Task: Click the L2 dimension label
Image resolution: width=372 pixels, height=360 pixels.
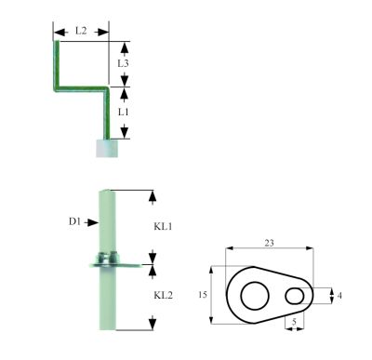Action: pos(81,31)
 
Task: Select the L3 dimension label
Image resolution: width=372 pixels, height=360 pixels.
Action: pos(123,63)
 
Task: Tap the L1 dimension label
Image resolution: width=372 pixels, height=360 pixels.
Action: pos(123,112)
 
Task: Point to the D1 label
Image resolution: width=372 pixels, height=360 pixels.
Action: pos(74,221)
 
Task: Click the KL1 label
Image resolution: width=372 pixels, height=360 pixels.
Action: pos(163,227)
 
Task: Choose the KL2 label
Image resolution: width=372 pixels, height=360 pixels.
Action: pos(163,295)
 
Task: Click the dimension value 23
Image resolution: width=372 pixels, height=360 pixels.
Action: pos(269,243)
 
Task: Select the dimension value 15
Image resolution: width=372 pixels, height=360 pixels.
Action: pos(202,294)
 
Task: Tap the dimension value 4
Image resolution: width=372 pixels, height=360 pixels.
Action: pos(339,296)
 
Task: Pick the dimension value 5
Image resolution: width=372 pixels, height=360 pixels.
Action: pos(294,322)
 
